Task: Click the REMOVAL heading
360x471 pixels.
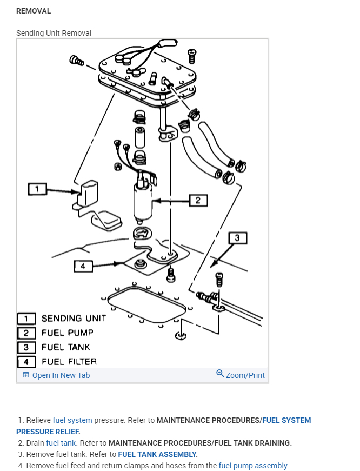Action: pyautogui.click(x=34, y=11)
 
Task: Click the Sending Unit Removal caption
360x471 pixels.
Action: pyautogui.click(x=54, y=33)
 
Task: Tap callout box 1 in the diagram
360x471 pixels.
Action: pyautogui.click(x=37, y=189)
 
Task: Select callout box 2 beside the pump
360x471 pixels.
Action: pyautogui.click(x=198, y=201)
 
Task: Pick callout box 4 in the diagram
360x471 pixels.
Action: pyautogui.click(x=83, y=266)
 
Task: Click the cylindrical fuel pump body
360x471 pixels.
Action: pyautogui.click(x=143, y=202)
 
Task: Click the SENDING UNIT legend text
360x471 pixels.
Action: pyautogui.click(x=74, y=319)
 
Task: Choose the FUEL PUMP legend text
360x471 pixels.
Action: pyautogui.click(x=67, y=333)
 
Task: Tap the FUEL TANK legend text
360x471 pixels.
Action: pyautogui.click(x=65, y=347)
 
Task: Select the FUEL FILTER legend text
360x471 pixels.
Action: pyautogui.click(x=69, y=361)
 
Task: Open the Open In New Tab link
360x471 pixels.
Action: pyautogui.click(x=61, y=375)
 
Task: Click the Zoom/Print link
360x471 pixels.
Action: pyautogui.click(x=245, y=375)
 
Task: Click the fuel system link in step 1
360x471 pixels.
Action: pyautogui.click(x=72, y=420)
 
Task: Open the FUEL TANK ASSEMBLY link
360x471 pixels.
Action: pyautogui.click(x=157, y=454)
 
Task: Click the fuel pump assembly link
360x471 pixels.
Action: pyautogui.click(x=254, y=466)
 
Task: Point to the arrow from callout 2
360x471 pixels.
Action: pyautogui.click(x=170, y=201)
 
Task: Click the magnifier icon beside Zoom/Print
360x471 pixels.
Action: pyautogui.click(x=220, y=374)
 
